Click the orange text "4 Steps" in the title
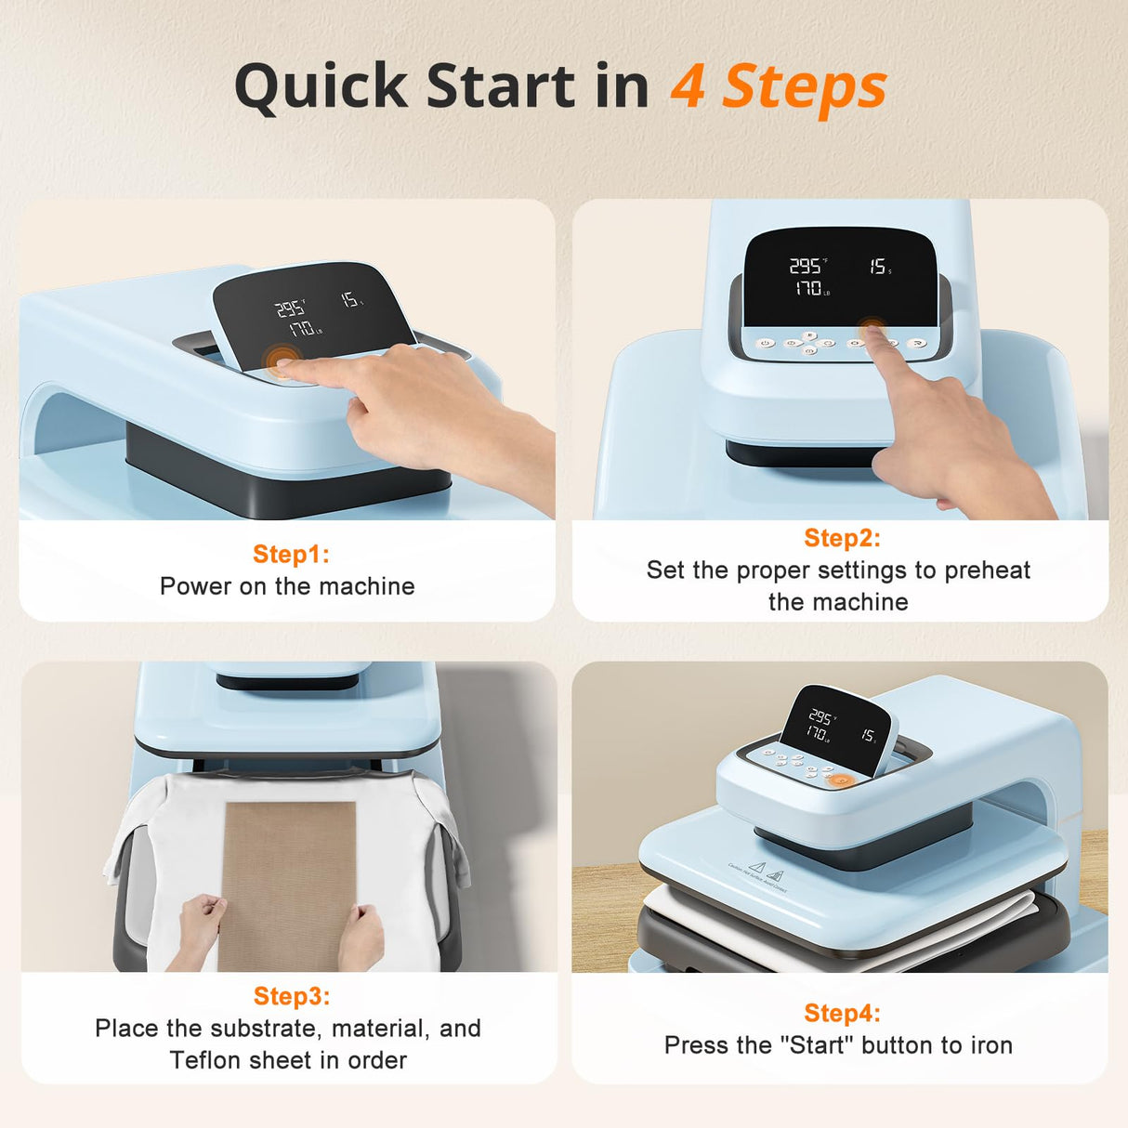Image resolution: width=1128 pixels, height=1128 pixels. coord(779,86)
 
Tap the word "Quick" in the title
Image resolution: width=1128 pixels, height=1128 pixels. coord(321,86)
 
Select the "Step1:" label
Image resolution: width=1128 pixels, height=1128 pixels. coord(291,554)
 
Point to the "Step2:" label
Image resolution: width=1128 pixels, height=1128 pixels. coord(842,538)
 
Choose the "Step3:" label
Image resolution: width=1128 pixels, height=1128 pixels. coord(291,996)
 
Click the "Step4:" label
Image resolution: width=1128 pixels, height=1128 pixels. coord(842,1013)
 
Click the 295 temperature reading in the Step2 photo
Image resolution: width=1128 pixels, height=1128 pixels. coord(805,267)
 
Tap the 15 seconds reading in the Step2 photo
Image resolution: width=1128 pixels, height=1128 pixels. coord(878,267)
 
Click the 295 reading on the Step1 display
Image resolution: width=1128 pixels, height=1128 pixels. coord(290,308)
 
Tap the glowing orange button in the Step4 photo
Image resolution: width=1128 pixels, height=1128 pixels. coord(841,780)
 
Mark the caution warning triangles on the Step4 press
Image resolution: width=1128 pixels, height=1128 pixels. coord(767,871)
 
